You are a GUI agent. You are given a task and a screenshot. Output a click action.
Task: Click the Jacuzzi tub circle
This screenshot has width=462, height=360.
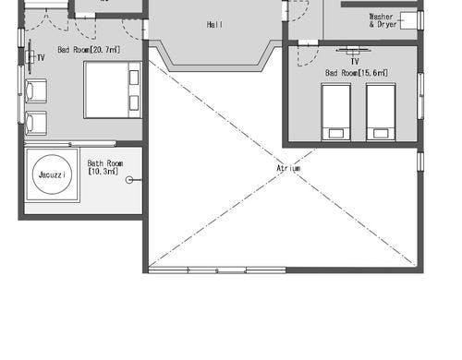[x=50, y=174]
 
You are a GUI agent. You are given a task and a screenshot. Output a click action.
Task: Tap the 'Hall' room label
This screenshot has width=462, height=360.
[x=214, y=25]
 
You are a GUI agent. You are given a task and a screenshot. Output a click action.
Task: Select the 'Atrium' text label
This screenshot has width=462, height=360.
[x=288, y=168]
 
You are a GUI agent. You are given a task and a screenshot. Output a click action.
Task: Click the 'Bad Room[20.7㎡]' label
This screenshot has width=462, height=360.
[x=87, y=50]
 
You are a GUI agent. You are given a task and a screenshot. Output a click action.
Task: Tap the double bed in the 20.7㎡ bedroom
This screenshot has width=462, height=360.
[x=113, y=90]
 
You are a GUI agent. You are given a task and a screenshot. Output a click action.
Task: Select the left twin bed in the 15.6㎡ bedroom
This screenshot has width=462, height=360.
[x=335, y=112]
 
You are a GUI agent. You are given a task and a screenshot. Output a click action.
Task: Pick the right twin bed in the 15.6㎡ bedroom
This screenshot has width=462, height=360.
[x=381, y=112]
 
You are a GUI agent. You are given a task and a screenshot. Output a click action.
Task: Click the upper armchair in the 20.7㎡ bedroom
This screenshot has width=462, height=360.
[x=35, y=90]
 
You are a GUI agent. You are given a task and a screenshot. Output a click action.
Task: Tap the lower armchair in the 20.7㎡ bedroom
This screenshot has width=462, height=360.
[x=35, y=122]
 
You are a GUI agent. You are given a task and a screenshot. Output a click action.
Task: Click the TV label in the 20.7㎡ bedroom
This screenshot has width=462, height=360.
[x=41, y=58]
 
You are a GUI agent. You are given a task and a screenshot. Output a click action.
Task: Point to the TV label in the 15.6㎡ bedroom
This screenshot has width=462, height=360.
[x=354, y=61]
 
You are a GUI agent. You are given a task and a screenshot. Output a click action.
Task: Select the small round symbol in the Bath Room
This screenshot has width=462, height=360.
[x=130, y=180]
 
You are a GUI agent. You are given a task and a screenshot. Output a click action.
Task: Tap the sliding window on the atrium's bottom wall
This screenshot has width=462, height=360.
[x=217, y=270]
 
